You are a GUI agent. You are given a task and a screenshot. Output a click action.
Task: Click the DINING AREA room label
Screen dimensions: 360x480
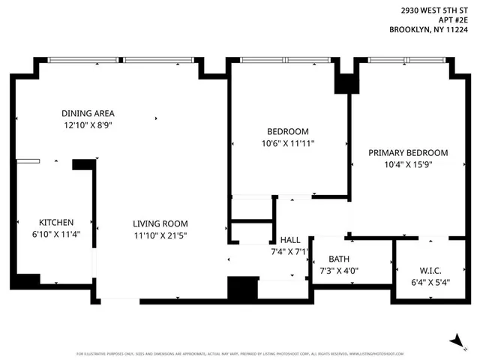87,113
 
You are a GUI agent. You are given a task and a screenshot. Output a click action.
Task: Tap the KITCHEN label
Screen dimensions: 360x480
56,222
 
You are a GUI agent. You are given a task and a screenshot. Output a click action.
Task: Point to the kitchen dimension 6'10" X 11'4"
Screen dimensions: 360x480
56,234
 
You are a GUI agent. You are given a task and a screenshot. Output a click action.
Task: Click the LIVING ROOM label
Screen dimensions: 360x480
160,223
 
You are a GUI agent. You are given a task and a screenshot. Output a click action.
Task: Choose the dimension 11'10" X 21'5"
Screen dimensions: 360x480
160,235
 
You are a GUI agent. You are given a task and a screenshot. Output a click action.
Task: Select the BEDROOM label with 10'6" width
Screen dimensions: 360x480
288,131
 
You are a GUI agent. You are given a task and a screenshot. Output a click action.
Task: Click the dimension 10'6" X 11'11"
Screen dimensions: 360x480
288,143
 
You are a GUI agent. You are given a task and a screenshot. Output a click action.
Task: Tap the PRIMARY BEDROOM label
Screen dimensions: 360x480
408,152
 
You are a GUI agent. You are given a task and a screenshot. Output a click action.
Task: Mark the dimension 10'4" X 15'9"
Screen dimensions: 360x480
408,164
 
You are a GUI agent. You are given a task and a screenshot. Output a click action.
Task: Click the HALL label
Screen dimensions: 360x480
290,240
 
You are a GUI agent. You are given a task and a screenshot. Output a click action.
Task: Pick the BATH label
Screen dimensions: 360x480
339,259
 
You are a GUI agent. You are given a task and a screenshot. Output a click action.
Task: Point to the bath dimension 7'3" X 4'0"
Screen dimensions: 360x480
339,271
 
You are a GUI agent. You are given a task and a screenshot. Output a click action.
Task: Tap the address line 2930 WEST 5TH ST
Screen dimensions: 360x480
431,10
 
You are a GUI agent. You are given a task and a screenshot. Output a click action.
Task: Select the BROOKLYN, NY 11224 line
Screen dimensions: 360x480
428,31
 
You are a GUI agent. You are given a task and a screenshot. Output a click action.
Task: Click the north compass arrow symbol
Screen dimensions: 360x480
454,340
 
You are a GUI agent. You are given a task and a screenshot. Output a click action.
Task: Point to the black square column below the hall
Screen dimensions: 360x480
242,288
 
